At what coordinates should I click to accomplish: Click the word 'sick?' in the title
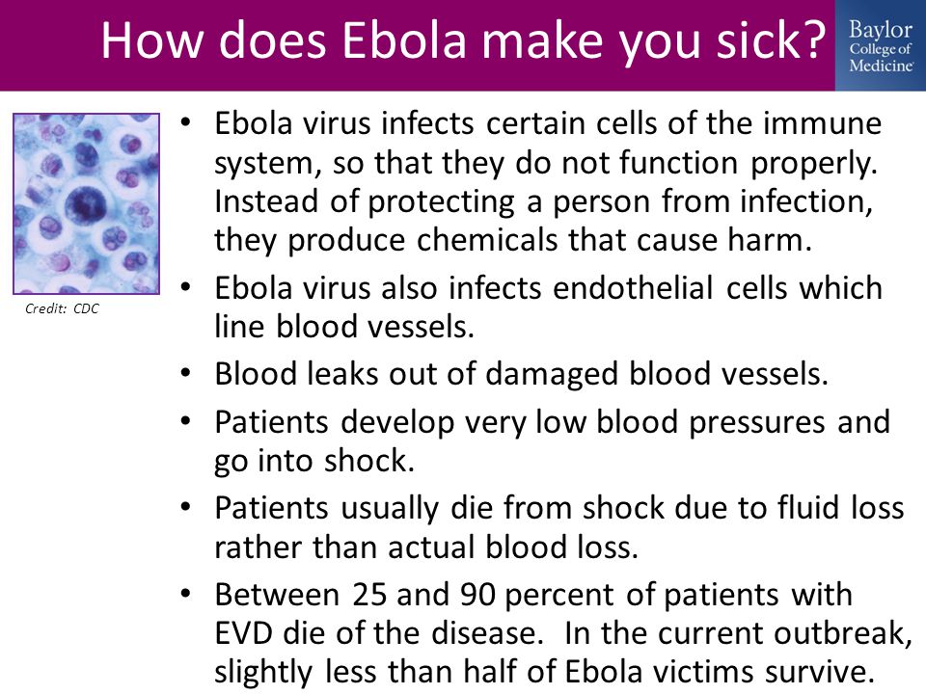click(x=771, y=40)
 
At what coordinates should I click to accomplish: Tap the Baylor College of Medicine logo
click(x=881, y=46)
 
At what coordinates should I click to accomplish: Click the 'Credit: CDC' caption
click(x=62, y=308)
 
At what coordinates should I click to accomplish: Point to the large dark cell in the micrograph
click(x=85, y=204)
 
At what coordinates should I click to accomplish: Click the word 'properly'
click(x=814, y=164)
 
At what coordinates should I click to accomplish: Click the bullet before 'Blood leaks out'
click(x=186, y=374)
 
